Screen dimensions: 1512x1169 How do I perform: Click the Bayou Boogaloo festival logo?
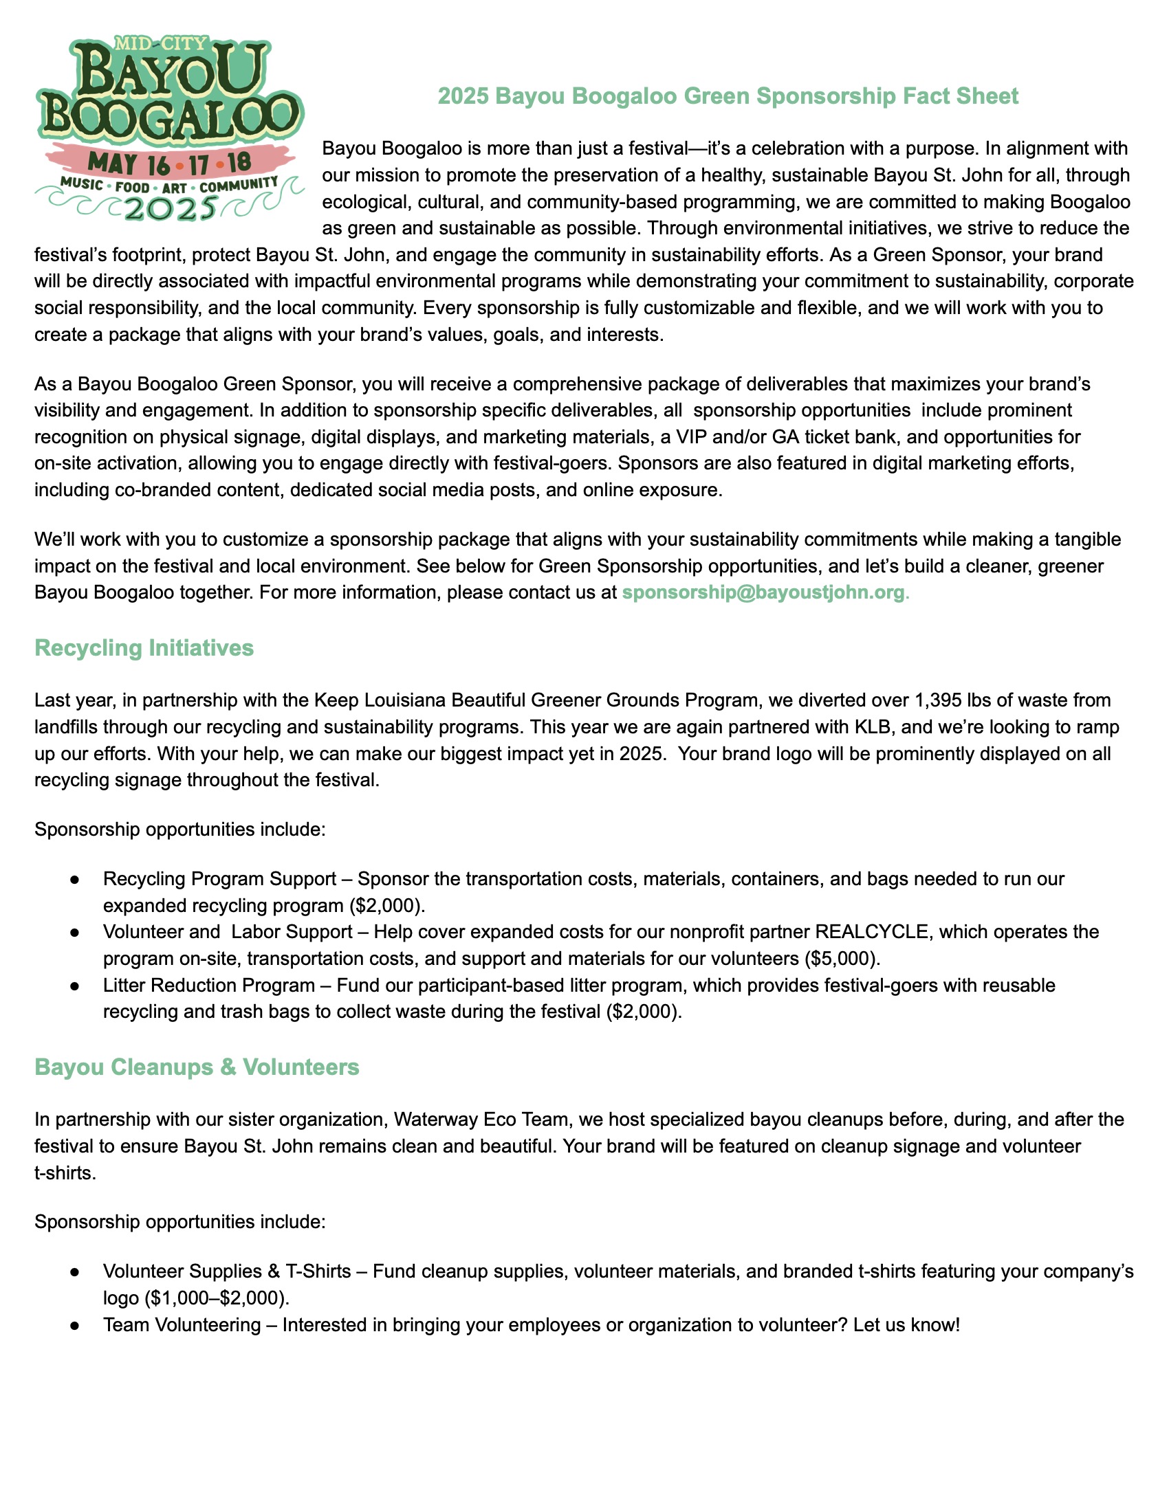170,128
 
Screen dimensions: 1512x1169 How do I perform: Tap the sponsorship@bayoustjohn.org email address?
763,592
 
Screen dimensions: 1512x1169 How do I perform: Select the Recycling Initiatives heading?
144,648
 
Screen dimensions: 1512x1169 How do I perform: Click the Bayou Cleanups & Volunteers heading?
197,1067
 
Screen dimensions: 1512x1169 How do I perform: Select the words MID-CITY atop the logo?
161,43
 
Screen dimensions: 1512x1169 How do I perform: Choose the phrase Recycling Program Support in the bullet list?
219,879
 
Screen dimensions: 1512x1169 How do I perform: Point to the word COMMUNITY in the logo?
239,185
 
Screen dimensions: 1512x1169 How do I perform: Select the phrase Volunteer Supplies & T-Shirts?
227,1271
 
